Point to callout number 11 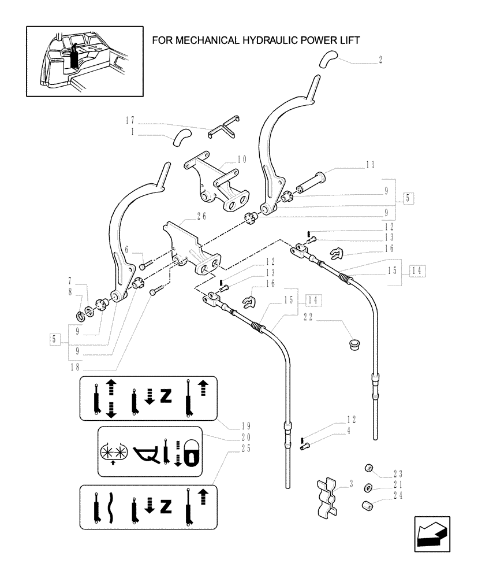[x=369, y=165]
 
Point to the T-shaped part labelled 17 [x=223, y=127]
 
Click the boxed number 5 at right [x=408, y=198]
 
